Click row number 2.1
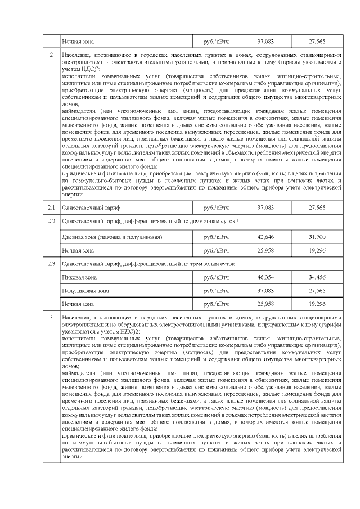coord(51,208)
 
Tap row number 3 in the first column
coord(51,318)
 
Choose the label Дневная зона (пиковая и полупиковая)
coord(112,237)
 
